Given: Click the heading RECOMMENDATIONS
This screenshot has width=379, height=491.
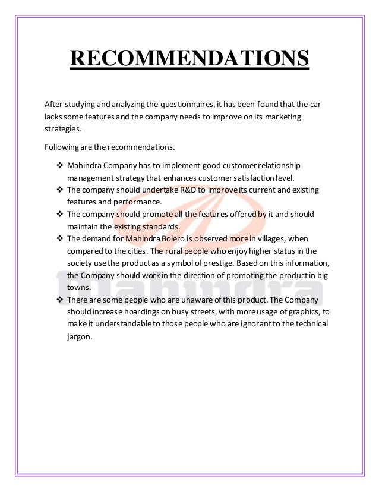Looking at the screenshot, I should pos(190,59).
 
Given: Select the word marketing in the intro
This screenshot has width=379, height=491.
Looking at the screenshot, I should pos(282,117).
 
